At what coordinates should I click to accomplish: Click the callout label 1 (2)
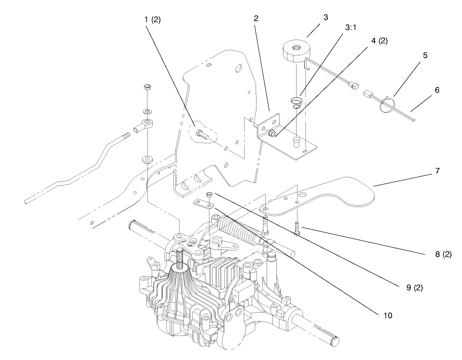[152, 20]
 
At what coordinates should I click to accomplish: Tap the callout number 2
[256, 18]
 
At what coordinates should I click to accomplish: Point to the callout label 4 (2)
[379, 40]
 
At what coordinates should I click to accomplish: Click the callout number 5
[425, 55]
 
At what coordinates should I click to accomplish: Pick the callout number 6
[437, 90]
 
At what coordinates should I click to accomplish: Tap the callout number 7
[437, 171]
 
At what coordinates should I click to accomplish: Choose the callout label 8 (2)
[444, 254]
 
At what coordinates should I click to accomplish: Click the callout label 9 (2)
[414, 287]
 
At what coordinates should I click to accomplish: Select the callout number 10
[388, 316]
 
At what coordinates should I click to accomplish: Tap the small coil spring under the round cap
[295, 103]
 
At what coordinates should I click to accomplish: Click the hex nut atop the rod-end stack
[147, 87]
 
